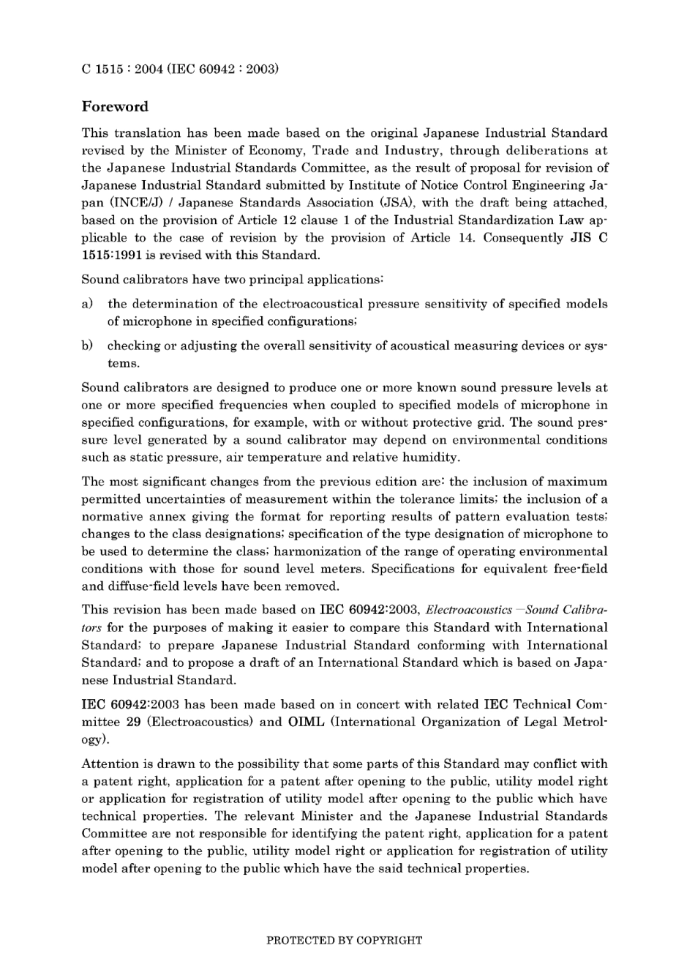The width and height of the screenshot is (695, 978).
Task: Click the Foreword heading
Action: (115, 107)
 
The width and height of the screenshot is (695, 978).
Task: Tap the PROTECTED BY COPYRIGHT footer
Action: (344, 940)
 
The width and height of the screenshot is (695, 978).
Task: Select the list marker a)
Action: (87, 304)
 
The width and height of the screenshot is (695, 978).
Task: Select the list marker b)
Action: (87, 346)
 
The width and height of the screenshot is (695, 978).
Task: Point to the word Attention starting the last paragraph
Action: (108, 764)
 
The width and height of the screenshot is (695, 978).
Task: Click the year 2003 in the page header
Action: (262, 70)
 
